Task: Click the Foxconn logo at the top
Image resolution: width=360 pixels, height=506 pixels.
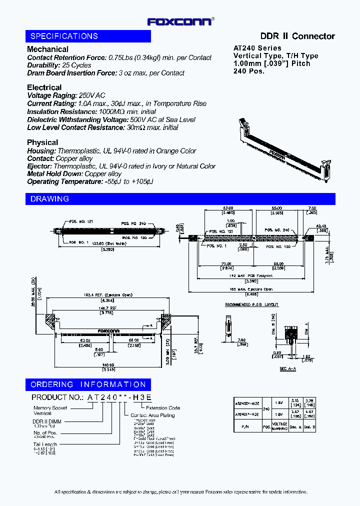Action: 180,21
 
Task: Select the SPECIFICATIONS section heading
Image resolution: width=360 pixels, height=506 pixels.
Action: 64,36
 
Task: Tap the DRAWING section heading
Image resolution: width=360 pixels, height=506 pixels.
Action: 49,199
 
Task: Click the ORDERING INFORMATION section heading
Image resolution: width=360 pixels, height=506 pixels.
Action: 88,384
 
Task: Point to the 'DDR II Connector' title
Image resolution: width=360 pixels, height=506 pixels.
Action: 297,36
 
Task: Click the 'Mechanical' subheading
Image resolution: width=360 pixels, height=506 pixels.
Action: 47,49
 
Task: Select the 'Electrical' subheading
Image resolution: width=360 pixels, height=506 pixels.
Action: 44,87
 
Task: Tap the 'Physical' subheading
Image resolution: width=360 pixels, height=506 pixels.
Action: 42,142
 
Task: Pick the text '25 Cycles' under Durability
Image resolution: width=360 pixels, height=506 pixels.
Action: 77,65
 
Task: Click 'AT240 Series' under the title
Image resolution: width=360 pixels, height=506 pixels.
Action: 257,48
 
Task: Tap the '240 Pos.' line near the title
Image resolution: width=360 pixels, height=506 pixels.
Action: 249,71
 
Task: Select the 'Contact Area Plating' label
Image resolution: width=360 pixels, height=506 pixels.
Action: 152,415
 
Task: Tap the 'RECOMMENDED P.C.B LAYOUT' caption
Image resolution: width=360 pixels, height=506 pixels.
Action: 251,304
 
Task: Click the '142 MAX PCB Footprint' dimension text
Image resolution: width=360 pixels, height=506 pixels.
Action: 246,275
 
